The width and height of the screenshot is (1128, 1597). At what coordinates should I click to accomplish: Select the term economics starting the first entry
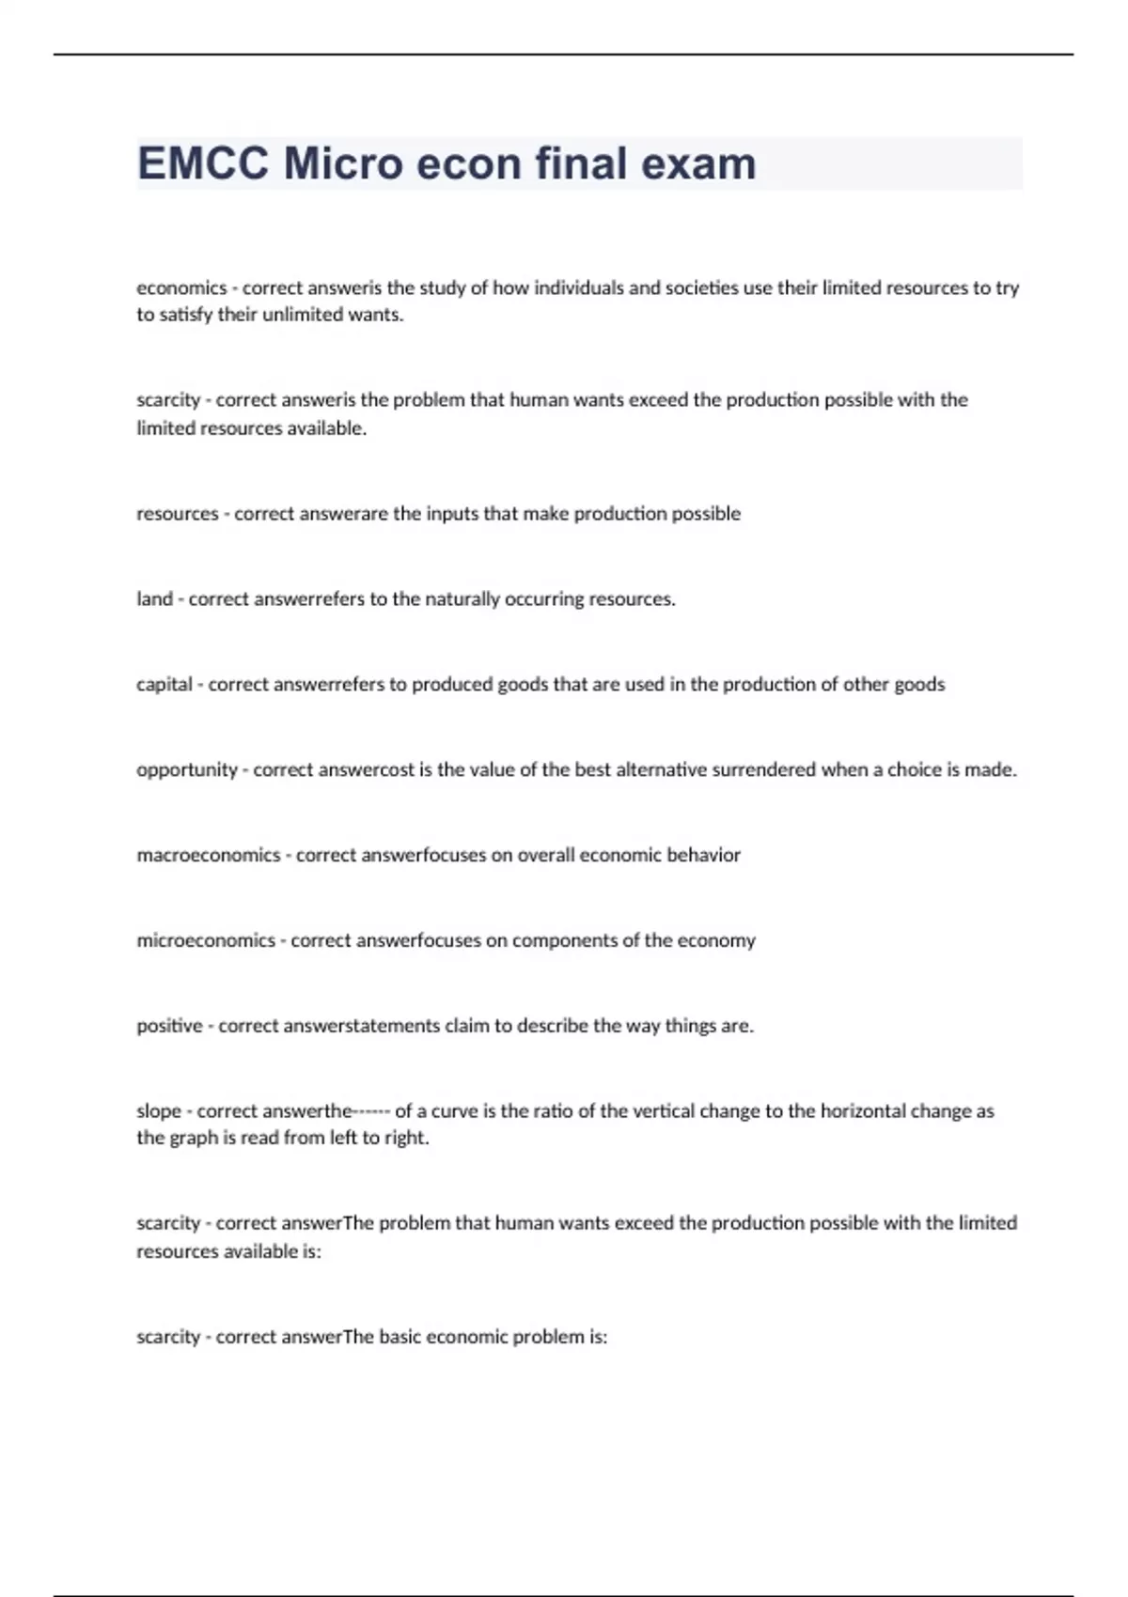tap(181, 287)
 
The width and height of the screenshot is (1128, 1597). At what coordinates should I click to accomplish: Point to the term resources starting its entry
tap(177, 514)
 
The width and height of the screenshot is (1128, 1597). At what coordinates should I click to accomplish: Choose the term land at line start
tap(154, 599)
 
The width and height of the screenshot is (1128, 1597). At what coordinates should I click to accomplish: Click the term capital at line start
tap(164, 685)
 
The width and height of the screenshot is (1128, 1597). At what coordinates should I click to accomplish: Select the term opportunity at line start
tap(187, 770)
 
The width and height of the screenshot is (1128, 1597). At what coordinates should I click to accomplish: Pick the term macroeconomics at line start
tap(209, 856)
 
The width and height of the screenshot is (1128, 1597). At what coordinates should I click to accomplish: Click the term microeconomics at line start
tap(206, 940)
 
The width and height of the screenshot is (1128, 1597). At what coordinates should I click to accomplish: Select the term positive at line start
tap(169, 1026)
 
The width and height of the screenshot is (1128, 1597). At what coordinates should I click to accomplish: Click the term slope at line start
tap(159, 1111)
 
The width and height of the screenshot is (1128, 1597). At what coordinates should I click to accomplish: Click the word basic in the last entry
tap(402, 1337)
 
